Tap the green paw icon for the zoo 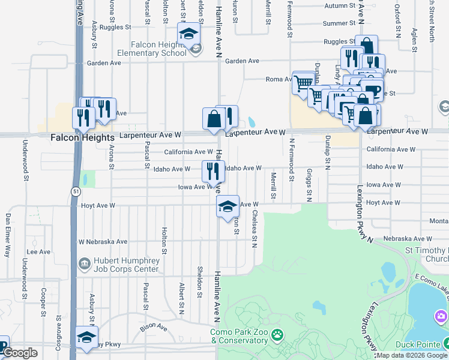pyautogui.click(x=277, y=334)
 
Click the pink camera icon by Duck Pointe pyautogui.click(x=441, y=316)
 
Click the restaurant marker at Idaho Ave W pyautogui.click(x=213, y=172)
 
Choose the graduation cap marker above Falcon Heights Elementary pyautogui.click(x=189, y=34)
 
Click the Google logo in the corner pyautogui.click(x=20, y=353)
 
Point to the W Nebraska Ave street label pyautogui.click(x=103, y=242)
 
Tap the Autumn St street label pyautogui.click(x=340, y=6)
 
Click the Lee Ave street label pyautogui.click(x=38, y=252)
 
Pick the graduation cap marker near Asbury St pyautogui.click(x=87, y=337)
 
